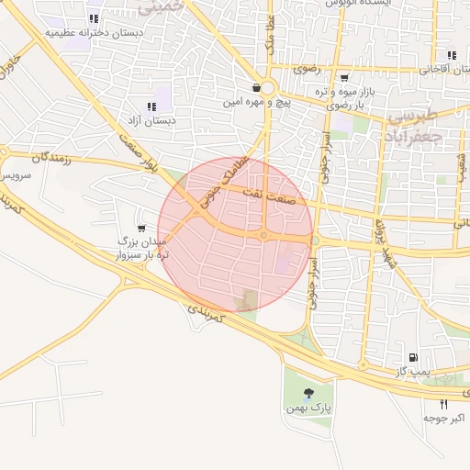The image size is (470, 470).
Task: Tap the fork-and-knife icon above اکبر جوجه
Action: [x=444, y=404]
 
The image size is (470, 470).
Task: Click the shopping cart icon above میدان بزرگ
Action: [x=140, y=227]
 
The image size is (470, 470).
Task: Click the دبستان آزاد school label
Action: [x=152, y=121]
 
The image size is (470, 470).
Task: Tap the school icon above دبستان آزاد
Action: [x=151, y=106]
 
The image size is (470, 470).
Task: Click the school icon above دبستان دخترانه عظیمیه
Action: [x=93, y=18]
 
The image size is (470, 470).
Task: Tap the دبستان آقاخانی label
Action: [x=443, y=69]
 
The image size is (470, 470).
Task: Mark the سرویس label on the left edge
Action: [x=17, y=173]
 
